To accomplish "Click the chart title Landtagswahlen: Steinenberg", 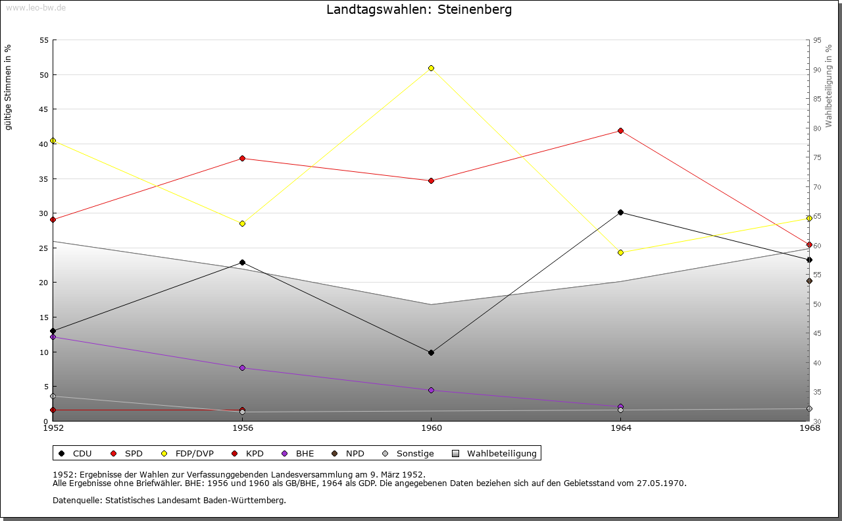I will click(419, 10).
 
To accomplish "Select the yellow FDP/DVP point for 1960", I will click(432, 68).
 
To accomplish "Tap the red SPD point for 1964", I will click(620, 130).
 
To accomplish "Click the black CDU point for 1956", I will click(242, 262).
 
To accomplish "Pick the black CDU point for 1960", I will click(432, 352).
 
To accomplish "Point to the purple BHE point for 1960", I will click(432, 390).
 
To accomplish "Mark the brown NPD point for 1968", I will click(809, 281).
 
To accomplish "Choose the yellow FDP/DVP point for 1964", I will click(620, 252).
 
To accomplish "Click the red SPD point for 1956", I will click(242, 158).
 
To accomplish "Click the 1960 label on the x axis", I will click(432, 428).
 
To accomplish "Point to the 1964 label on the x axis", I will click(620, 428).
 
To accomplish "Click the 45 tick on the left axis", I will click(44, 109).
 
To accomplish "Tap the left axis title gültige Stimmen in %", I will click(9, 88).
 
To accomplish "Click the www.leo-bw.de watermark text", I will click(35, 7).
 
